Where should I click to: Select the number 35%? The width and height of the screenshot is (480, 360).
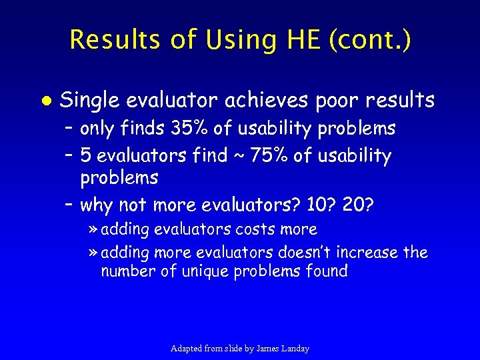point(189,128)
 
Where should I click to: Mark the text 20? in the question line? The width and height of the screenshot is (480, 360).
point(358,205)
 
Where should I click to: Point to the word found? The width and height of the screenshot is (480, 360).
point(325,271)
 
